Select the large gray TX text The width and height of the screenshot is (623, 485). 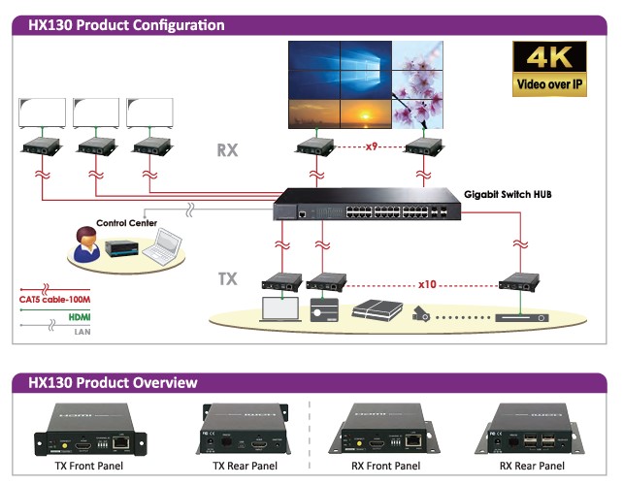point(227,279)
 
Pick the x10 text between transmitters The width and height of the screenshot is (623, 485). point(429,285)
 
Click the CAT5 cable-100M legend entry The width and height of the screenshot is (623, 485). point(55,300)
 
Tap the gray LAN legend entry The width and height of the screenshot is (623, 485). point(82,332)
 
